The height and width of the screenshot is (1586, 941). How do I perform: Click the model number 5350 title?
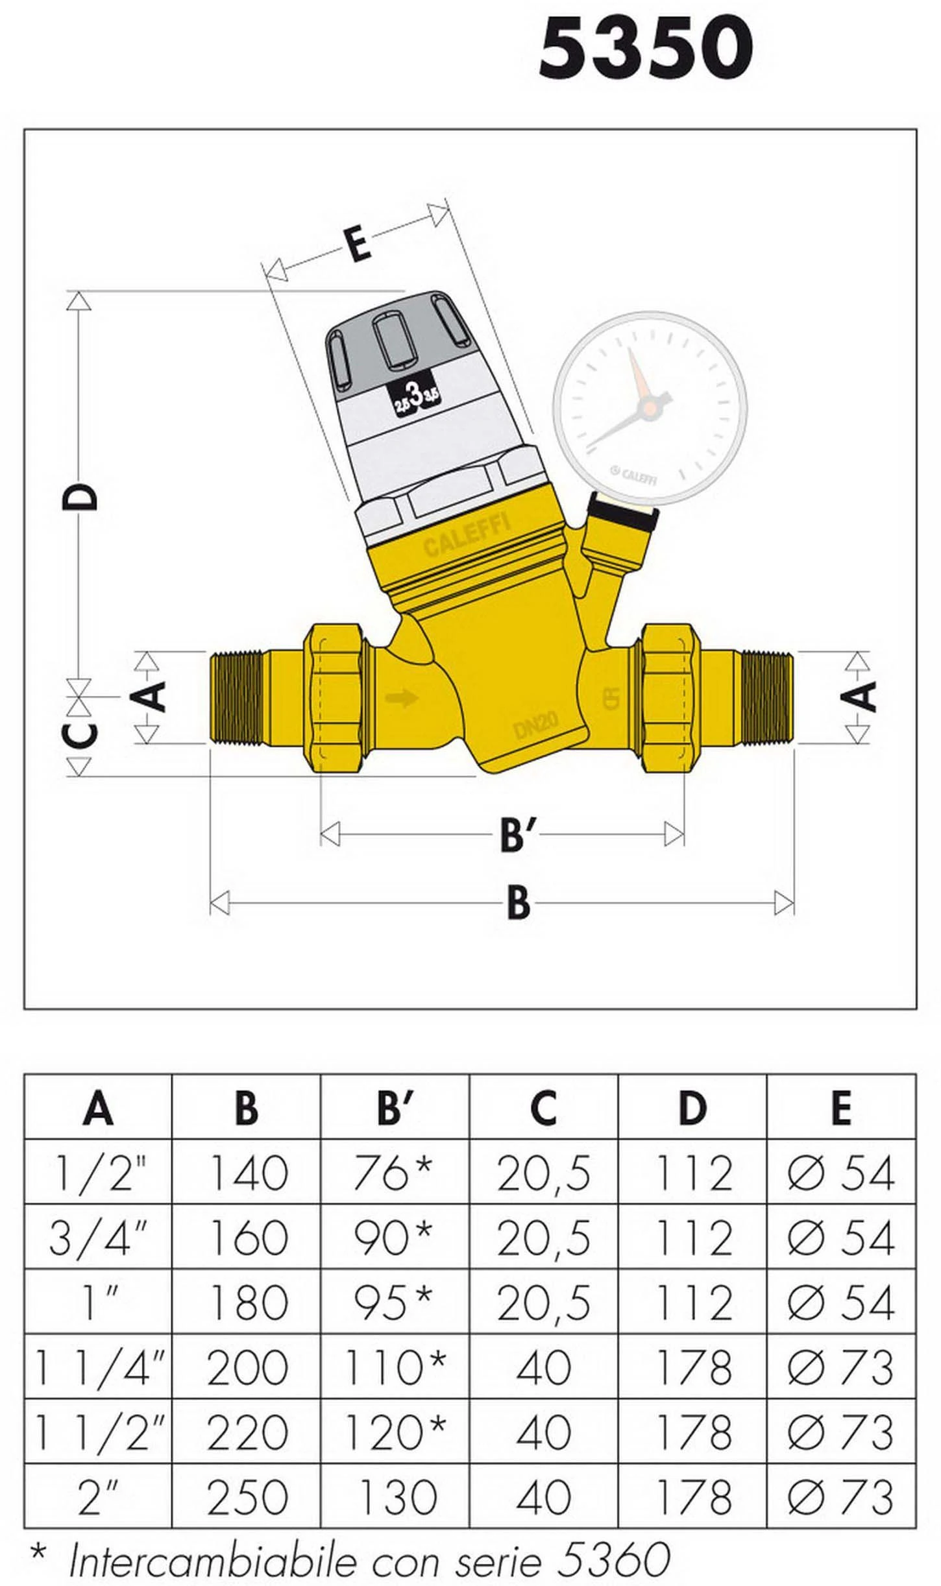tap(646, 48)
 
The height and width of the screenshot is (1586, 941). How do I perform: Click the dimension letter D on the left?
tap(80, 497)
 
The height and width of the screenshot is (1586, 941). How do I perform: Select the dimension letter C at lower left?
tap(80, 735)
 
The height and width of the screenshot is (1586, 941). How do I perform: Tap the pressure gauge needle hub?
tap(647, 407)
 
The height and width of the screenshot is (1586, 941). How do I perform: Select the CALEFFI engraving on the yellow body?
tap(467, 535)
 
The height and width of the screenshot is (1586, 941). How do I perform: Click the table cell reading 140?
tap(247, 1172)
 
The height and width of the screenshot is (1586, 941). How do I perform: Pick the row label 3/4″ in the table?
tap(97, 1237)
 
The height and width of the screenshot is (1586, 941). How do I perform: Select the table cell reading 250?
tap(247, 1496)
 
